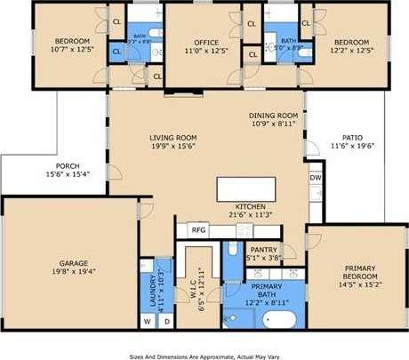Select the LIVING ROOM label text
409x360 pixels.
[x=172, y=138]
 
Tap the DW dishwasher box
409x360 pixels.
[x=316, y=178]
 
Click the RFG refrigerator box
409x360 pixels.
[x=198, y=229]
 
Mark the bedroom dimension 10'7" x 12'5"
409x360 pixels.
[x=73, y=51]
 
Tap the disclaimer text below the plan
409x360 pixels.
[x=204, y=354]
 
